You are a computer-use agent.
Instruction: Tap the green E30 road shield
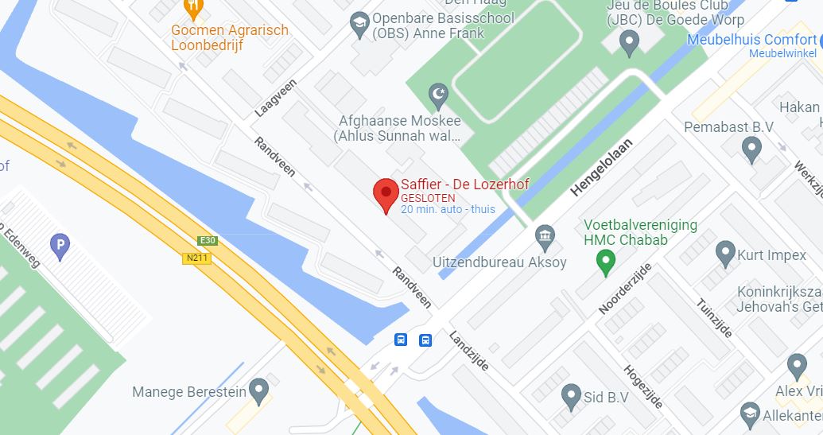point(208,240)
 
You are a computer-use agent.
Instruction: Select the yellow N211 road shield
point(196,258)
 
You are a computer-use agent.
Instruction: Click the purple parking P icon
point(60,247)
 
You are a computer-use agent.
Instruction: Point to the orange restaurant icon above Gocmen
point(192,10)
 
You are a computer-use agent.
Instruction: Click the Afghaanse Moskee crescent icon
point(437,96)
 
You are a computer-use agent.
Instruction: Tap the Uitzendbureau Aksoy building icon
point(545,236)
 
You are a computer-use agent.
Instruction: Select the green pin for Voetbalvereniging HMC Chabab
point(607,261)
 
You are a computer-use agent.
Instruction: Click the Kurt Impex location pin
point(724,254)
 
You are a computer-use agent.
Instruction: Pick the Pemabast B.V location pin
point(751,148)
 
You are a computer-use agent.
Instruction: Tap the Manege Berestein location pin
point(258,390)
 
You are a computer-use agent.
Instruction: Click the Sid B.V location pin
point(570,394)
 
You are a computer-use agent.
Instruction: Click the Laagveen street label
point(275,97)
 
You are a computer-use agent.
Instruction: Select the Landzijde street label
point(468,351)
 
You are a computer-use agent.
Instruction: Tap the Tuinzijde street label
point(713,318)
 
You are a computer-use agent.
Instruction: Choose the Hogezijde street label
point(644,384)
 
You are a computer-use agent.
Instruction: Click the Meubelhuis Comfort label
point(751,40)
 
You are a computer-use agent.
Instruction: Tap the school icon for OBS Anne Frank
point(359,21)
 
